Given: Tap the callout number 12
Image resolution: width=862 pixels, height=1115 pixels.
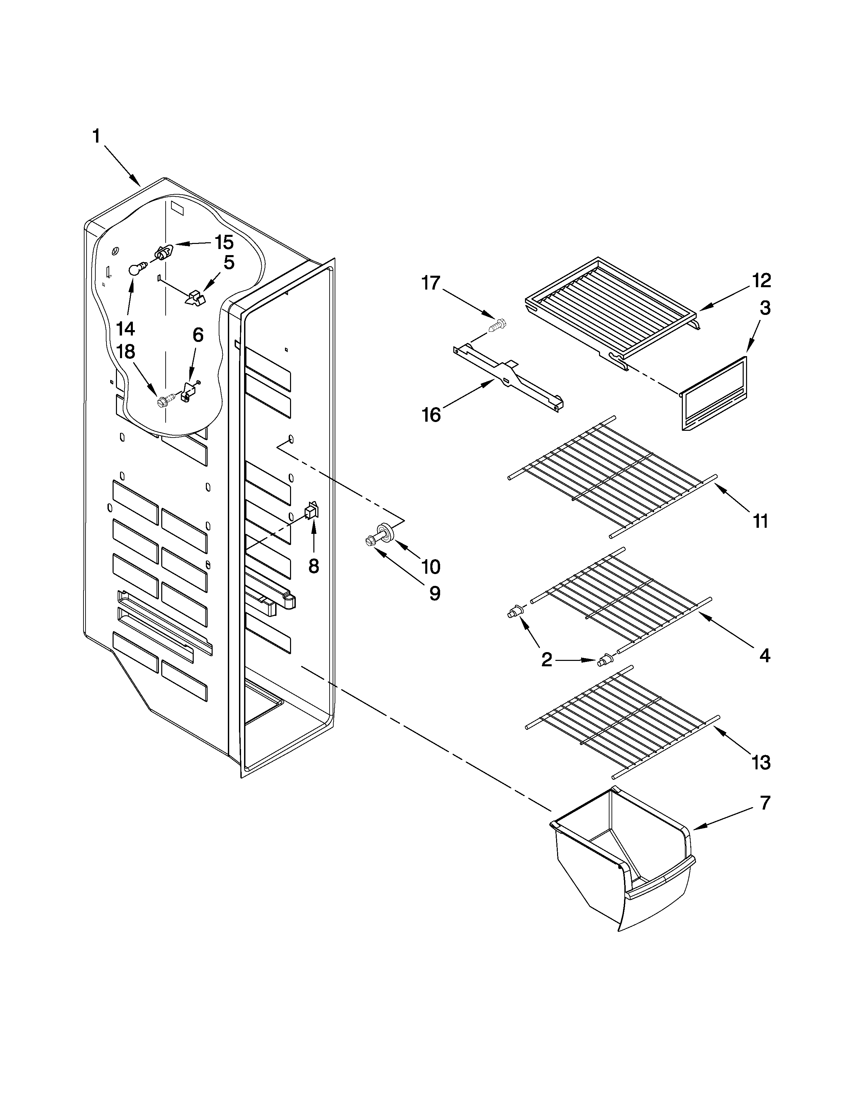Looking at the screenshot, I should (x=761, y=280).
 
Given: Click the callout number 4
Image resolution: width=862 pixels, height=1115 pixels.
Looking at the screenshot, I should (x=764, y=655).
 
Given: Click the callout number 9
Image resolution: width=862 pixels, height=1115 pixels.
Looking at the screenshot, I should (x=435, y=593).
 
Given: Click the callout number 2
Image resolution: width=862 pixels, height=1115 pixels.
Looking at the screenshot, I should (x=546, y=660).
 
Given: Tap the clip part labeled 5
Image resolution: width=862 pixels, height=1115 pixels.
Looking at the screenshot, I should (x=194, y=298).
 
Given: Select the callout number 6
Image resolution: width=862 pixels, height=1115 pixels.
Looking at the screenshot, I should (x=198, y=336).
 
